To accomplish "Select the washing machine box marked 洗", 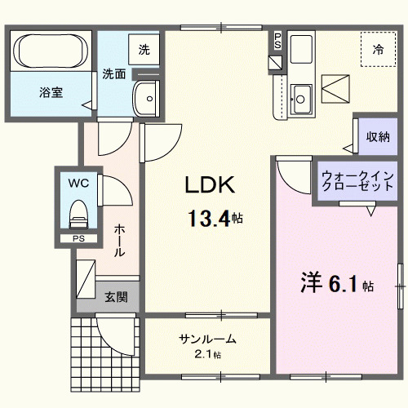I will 144,49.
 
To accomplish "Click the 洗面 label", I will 113,74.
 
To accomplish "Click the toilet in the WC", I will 78,215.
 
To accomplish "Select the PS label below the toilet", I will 77,239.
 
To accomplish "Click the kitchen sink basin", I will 300,99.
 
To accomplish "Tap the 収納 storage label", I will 376,136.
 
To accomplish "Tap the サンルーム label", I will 208,339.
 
